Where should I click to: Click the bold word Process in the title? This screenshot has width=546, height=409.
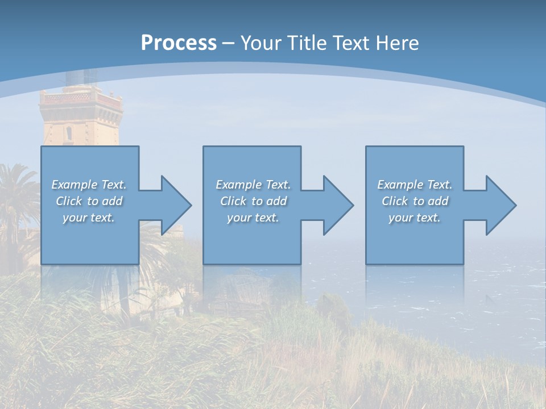click(179, 43)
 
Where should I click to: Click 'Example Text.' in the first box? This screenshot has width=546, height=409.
click(89, 185)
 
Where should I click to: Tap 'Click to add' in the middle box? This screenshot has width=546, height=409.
click(253, 201)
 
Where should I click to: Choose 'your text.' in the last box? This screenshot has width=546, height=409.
click(415, 218)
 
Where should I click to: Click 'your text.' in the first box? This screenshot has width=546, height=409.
click(89, 218)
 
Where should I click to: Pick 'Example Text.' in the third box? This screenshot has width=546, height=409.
click(415, 185)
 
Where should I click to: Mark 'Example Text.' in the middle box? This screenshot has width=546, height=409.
click(253, 185)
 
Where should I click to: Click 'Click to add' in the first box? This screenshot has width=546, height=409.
click(89, 201)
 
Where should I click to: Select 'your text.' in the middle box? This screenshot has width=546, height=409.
click(253, 218)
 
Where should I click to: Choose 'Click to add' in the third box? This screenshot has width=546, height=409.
click(415, 201)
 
